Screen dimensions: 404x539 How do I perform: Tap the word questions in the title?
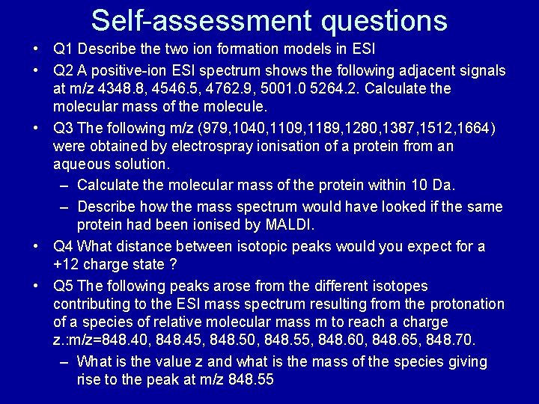pos(384,20)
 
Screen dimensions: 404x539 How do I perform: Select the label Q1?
pos(64,50)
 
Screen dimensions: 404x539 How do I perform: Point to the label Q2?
pos(64,71)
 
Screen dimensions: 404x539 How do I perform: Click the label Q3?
pos(64,128)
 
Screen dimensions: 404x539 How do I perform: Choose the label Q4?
pos(64,246)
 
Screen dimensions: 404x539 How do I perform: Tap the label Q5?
pos(64,286)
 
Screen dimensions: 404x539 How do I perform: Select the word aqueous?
pos(82,164)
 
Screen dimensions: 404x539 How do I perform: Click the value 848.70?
pos(455,340)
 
